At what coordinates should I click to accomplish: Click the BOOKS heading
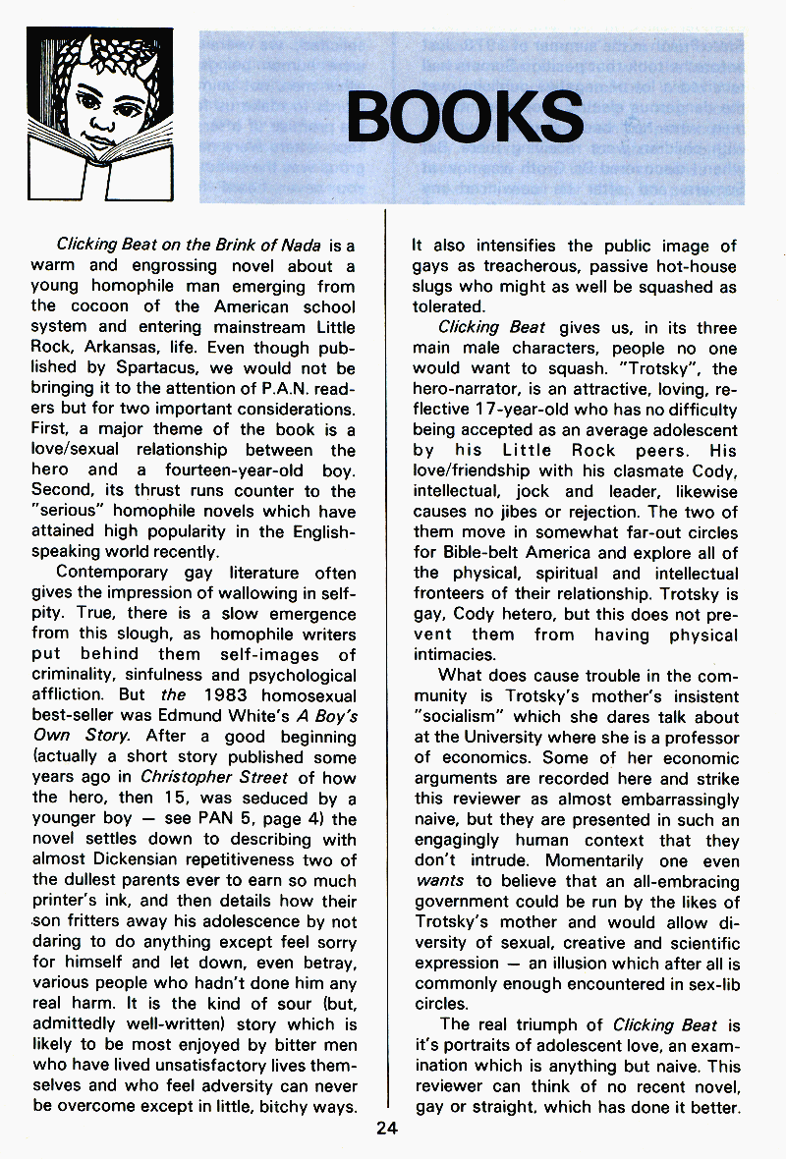[x=465, y=117]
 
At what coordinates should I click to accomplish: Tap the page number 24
[x=385, y=1128]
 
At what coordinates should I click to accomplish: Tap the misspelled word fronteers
[x=450, y=593]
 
